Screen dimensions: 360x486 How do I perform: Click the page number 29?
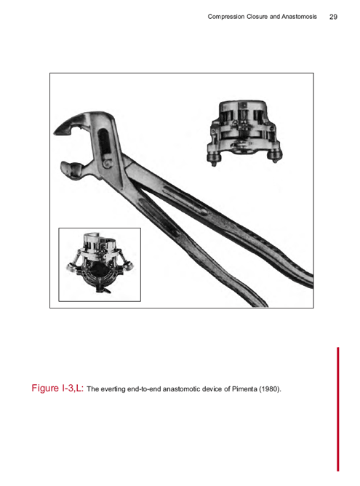pos(333,17)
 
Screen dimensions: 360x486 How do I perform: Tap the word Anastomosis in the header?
pos(299,17)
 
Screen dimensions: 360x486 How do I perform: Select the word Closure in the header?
pos(257,17)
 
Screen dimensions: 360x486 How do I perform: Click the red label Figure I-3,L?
pos(57,388)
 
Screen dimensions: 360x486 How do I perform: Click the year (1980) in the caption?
pos(270,389)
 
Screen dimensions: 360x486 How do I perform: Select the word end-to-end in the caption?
pos(144,389)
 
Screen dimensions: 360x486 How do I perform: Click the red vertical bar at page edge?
pos(338,409)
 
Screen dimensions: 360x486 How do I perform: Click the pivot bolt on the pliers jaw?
pos(107,163)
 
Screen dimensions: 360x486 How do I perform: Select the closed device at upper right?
pos(244,132)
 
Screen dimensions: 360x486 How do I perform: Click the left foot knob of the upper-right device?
pos(214,158)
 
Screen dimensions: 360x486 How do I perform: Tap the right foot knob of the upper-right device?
pos(275,156)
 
